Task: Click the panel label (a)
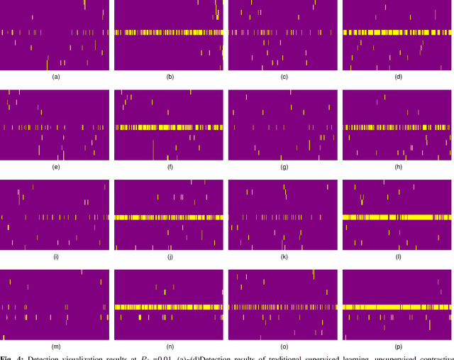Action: point(55,77)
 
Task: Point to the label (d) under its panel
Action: point(397,77)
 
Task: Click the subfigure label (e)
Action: point(55,167)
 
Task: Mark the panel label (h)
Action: point(397,167)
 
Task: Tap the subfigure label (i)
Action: point(55,256)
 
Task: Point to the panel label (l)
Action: point(397,256)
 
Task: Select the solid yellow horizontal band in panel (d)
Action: point(397,33)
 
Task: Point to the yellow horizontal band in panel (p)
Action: point(397,307)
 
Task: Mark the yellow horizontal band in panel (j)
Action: point(169,217)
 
